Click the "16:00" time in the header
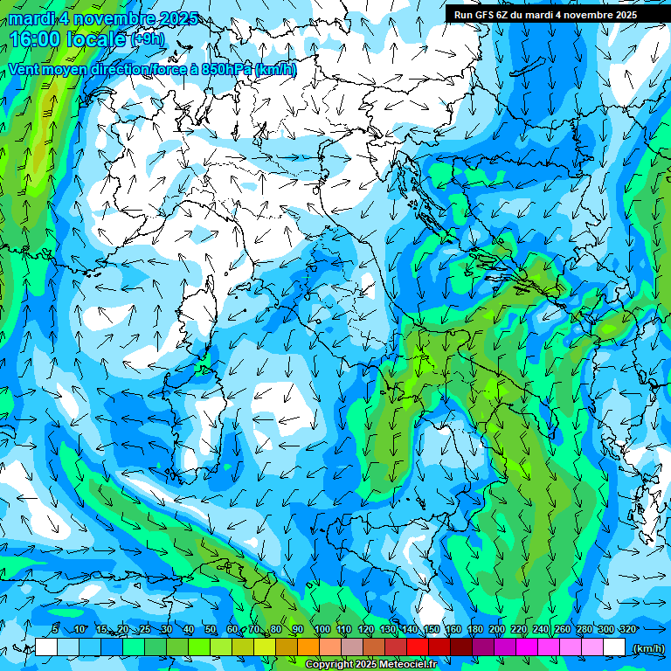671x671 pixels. click(34, 39)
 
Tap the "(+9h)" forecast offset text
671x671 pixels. click(148, 39)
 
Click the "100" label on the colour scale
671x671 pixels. click(322, 630)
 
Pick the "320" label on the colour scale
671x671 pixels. click(627, 630)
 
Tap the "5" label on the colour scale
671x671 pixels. click(55, 630)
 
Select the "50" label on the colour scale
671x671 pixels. click(211, 630)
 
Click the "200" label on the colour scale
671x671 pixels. click(496, 630)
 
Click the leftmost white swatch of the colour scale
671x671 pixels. click(46, 647)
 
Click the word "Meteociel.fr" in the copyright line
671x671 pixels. click(421, 665)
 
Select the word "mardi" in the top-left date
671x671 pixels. click(32, 18)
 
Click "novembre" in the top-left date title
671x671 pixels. click(114, 18)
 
